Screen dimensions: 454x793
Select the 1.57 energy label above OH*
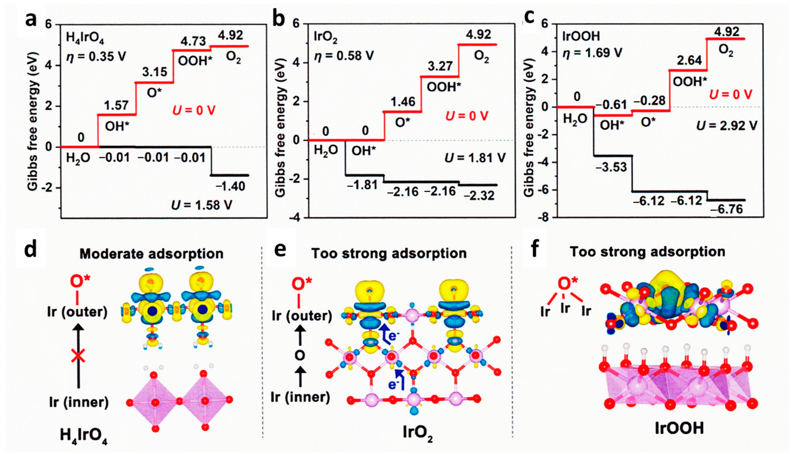[x=116, y=105]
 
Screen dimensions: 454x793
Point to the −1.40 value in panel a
[x=231, y=186]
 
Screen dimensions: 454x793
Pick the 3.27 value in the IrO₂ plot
[x=440, y=66]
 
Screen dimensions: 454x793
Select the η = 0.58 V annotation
[x=344, y=55]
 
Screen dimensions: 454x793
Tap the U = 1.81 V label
[x=475, y=158]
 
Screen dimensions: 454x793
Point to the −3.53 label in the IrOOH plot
[x=611, y=167]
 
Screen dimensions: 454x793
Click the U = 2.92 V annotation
[x=727, y=125]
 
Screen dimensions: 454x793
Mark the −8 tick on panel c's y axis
[x=545, y=218]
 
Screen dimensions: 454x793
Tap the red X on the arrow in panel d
[x=78, y=356]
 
